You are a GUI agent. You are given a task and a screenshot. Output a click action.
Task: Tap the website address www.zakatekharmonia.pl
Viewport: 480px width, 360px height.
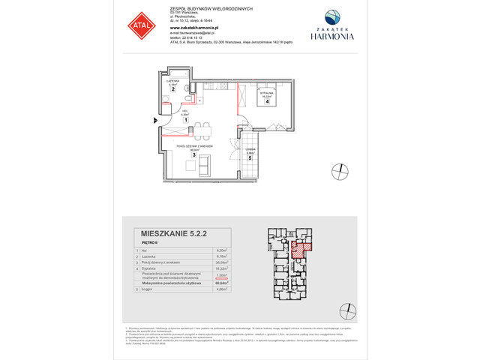click(x=190, y=28)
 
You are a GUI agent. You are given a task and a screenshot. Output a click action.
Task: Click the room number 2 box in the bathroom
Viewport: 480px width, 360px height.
click(x=172, y=89)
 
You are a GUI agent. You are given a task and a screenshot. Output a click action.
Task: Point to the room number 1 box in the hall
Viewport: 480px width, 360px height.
click(x=185, y=118)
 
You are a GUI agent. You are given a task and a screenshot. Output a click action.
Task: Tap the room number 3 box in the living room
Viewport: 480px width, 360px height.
click(x=193, y=154)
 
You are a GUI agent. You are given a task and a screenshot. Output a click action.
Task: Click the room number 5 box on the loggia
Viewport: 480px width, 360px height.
click(x=250, y=158)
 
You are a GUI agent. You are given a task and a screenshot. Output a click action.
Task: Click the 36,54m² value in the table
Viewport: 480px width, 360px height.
click(x=220, y=262)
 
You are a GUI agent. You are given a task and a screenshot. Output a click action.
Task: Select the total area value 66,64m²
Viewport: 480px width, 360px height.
click(x=220, y=281)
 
